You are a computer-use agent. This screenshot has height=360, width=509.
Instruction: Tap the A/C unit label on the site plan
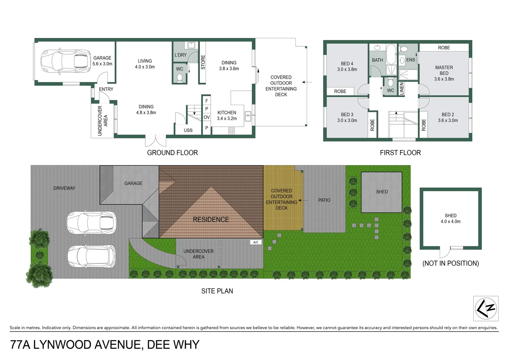[x=256, y=242]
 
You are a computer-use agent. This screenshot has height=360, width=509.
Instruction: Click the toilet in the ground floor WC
[x=180, y=78]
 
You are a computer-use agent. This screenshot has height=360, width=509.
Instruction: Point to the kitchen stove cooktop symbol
[x=232, y=131]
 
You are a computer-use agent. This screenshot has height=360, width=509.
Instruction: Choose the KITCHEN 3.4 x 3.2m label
[x=227, y=116]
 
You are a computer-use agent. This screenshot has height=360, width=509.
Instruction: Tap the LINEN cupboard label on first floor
[x=402, y=89]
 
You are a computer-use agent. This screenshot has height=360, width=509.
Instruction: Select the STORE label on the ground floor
[x=203, y=62]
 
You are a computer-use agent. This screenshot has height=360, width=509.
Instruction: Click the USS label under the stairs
[x=188, y=130]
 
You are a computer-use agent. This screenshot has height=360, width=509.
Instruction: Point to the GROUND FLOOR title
[x=173, y=153]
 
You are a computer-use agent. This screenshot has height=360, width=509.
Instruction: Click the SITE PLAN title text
[x=217, y=291]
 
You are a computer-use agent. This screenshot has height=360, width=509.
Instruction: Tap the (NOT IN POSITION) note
[x=450, y=263]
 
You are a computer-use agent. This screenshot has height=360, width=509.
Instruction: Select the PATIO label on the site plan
[x=324, y=200]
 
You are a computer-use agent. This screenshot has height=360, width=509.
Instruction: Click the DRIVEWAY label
[x=64, y=188]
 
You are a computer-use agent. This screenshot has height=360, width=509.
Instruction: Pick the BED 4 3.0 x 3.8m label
[x=347, y=66]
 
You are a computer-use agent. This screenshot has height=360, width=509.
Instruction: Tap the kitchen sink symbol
[x=248, y=116]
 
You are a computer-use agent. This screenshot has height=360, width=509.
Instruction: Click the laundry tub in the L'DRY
[x=191, y=45]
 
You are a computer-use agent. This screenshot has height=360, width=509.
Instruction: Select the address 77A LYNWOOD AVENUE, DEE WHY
[x=105, y=345]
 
